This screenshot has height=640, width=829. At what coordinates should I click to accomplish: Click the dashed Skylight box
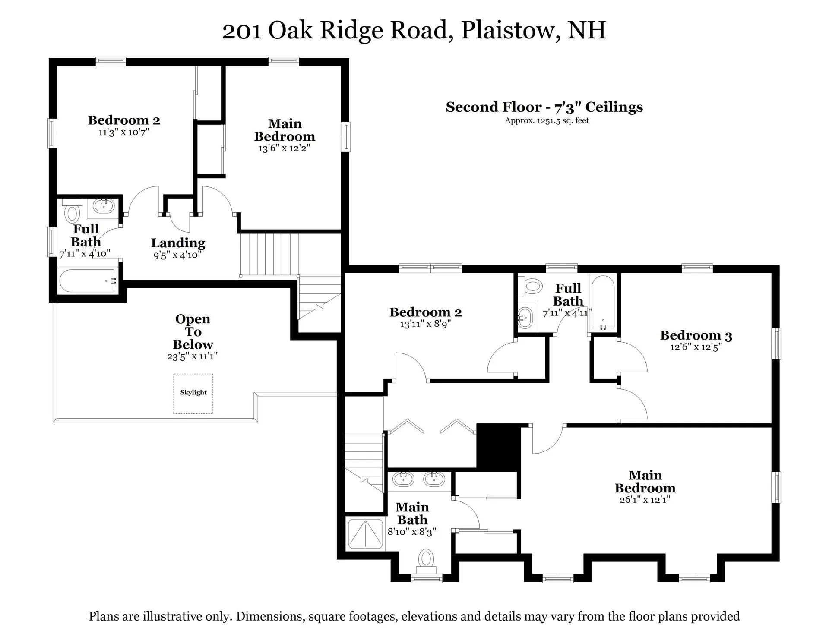tap(193, 394)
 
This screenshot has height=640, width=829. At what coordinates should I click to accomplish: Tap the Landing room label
tap(178, 243)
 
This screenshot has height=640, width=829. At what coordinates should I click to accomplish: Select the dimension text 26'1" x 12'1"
tap(645, 500)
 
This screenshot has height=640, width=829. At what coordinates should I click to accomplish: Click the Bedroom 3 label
tap(696, 335)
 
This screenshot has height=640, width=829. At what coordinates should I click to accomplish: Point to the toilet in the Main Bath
tap(426, 559)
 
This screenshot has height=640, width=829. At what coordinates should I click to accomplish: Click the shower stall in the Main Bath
tap(365, 534)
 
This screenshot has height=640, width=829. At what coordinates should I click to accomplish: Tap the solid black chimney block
tap(497, 447)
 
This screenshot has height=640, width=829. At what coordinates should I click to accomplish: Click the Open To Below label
tap(193, 331)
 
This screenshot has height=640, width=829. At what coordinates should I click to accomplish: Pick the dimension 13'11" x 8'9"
tap(425, 324)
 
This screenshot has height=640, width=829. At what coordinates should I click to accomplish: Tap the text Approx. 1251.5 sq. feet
tap(547, 121)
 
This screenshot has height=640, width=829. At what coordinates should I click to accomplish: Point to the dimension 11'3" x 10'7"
tap(124, 132)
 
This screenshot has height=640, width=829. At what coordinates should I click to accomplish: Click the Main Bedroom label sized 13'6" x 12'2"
tap(285, 130)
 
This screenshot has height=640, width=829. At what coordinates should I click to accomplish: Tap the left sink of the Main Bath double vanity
tap(403, 479)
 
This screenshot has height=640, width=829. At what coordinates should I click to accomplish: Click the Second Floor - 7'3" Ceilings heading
tap(544, 107)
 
